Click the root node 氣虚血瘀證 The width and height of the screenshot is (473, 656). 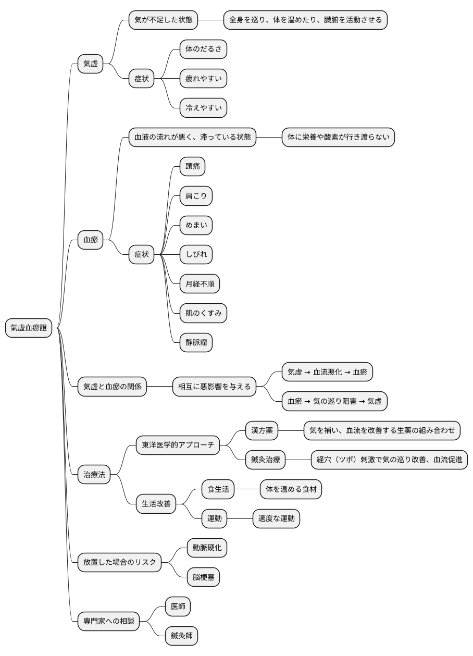coord(29,328)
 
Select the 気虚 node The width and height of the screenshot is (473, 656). coord(91,64)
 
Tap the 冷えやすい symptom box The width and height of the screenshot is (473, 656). coord(204,108)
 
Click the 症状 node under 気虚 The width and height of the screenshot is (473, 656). coord(141,79)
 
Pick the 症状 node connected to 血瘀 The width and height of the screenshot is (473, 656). coord(141,254)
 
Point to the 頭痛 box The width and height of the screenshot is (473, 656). coord(193,166)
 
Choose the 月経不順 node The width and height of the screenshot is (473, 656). coord(200,284)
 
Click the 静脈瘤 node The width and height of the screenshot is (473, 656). coord(196,342)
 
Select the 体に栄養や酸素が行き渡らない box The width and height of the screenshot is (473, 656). coord(339,137)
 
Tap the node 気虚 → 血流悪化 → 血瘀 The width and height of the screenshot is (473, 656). coord(327,372)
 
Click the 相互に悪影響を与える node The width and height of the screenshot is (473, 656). coord(214,387)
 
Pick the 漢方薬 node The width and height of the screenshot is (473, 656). coord(262,430)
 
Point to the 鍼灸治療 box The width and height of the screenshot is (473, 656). coord(266,460)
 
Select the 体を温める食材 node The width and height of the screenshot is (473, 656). coord(291,489)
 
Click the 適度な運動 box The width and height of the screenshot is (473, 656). coord(276,518)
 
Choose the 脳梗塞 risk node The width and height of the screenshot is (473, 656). coord(204,577)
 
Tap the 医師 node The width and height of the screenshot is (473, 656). coord(178,607)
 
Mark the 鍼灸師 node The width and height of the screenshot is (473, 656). coord(181,636)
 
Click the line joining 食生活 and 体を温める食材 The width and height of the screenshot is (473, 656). coord(247,489)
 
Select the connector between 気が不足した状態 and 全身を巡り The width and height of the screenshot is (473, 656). coord(211,20)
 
